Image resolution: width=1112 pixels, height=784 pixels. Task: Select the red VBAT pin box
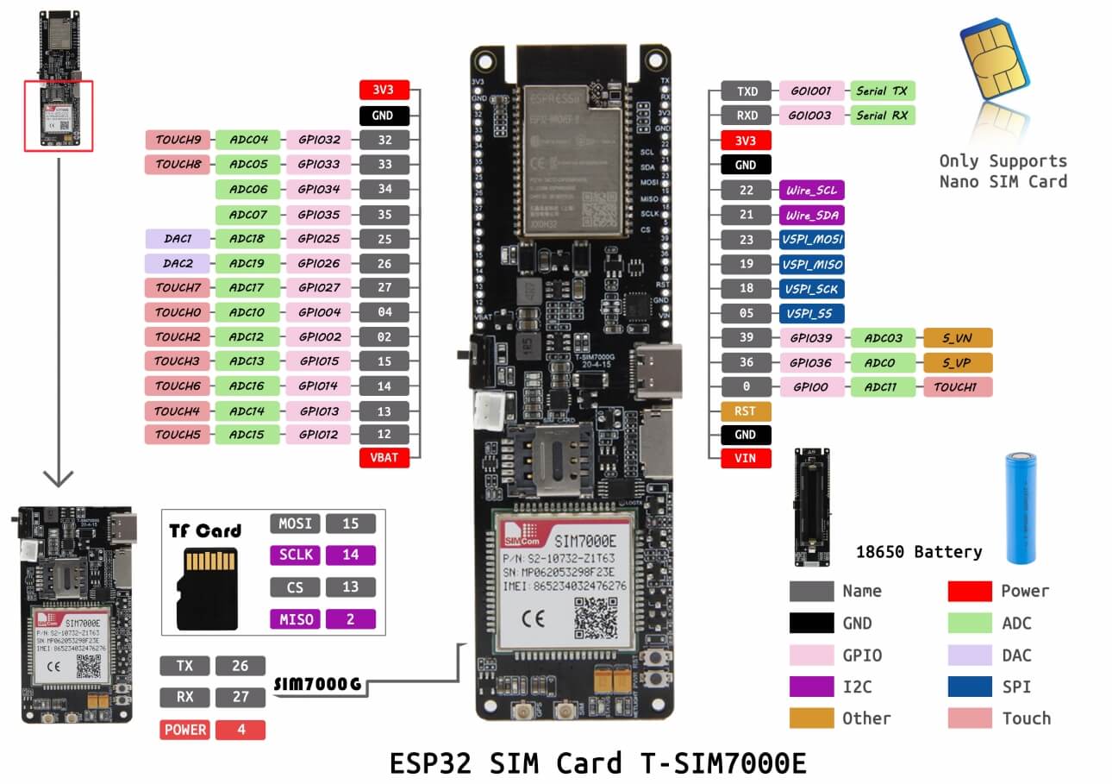(x=384, y=458)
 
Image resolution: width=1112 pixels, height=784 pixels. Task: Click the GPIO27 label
(x=318, y=288)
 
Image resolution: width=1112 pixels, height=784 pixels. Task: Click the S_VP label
(x=957, y=362)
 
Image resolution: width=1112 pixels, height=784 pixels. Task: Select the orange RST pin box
(x=745, y=411)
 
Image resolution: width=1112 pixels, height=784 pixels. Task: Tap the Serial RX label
(x=883, y=115)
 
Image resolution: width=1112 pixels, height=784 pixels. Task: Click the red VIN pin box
(x=745, y=458)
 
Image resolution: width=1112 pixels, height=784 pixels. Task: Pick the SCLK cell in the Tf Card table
(x=296, y=555)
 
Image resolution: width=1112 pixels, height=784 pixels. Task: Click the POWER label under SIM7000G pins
(x=184, y=730)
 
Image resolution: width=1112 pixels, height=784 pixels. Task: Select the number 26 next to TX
(x=240, y=666)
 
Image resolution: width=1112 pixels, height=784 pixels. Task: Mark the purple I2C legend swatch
(x=811, y=687)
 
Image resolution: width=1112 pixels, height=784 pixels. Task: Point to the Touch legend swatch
(x=969, y=718)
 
